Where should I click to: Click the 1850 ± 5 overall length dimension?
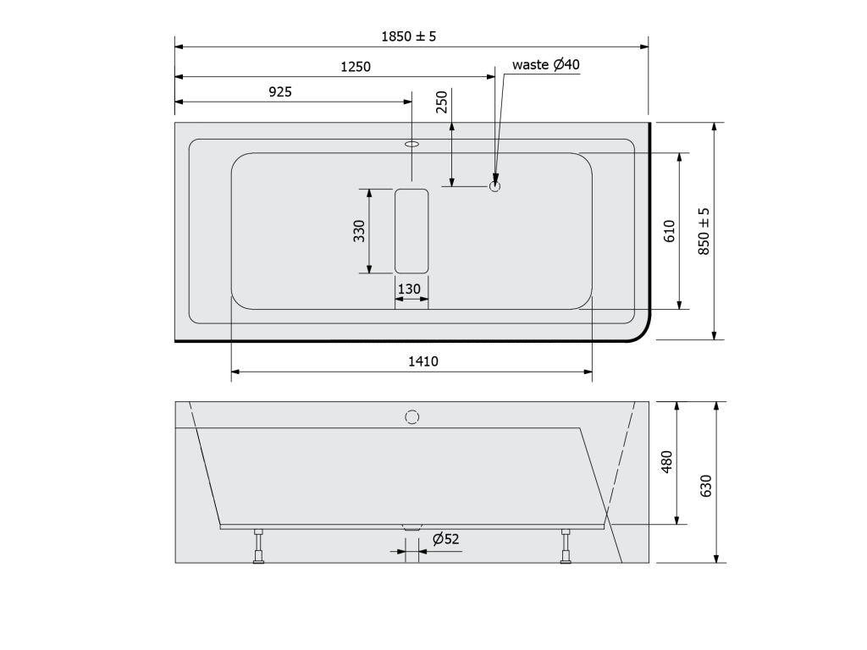pos(409,36)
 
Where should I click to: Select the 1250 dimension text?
pos(356,67)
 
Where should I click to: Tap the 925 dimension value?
pos(280,91)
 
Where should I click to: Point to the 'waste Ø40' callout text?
pos(546,64)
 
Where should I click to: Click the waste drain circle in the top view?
pos(494,186)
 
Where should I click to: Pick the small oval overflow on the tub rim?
pos(412,144)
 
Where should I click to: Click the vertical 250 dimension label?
pos(442,102)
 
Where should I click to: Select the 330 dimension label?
pos(359,231)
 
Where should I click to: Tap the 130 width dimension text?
pos(409,289)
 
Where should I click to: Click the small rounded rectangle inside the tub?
pos(411,231)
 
